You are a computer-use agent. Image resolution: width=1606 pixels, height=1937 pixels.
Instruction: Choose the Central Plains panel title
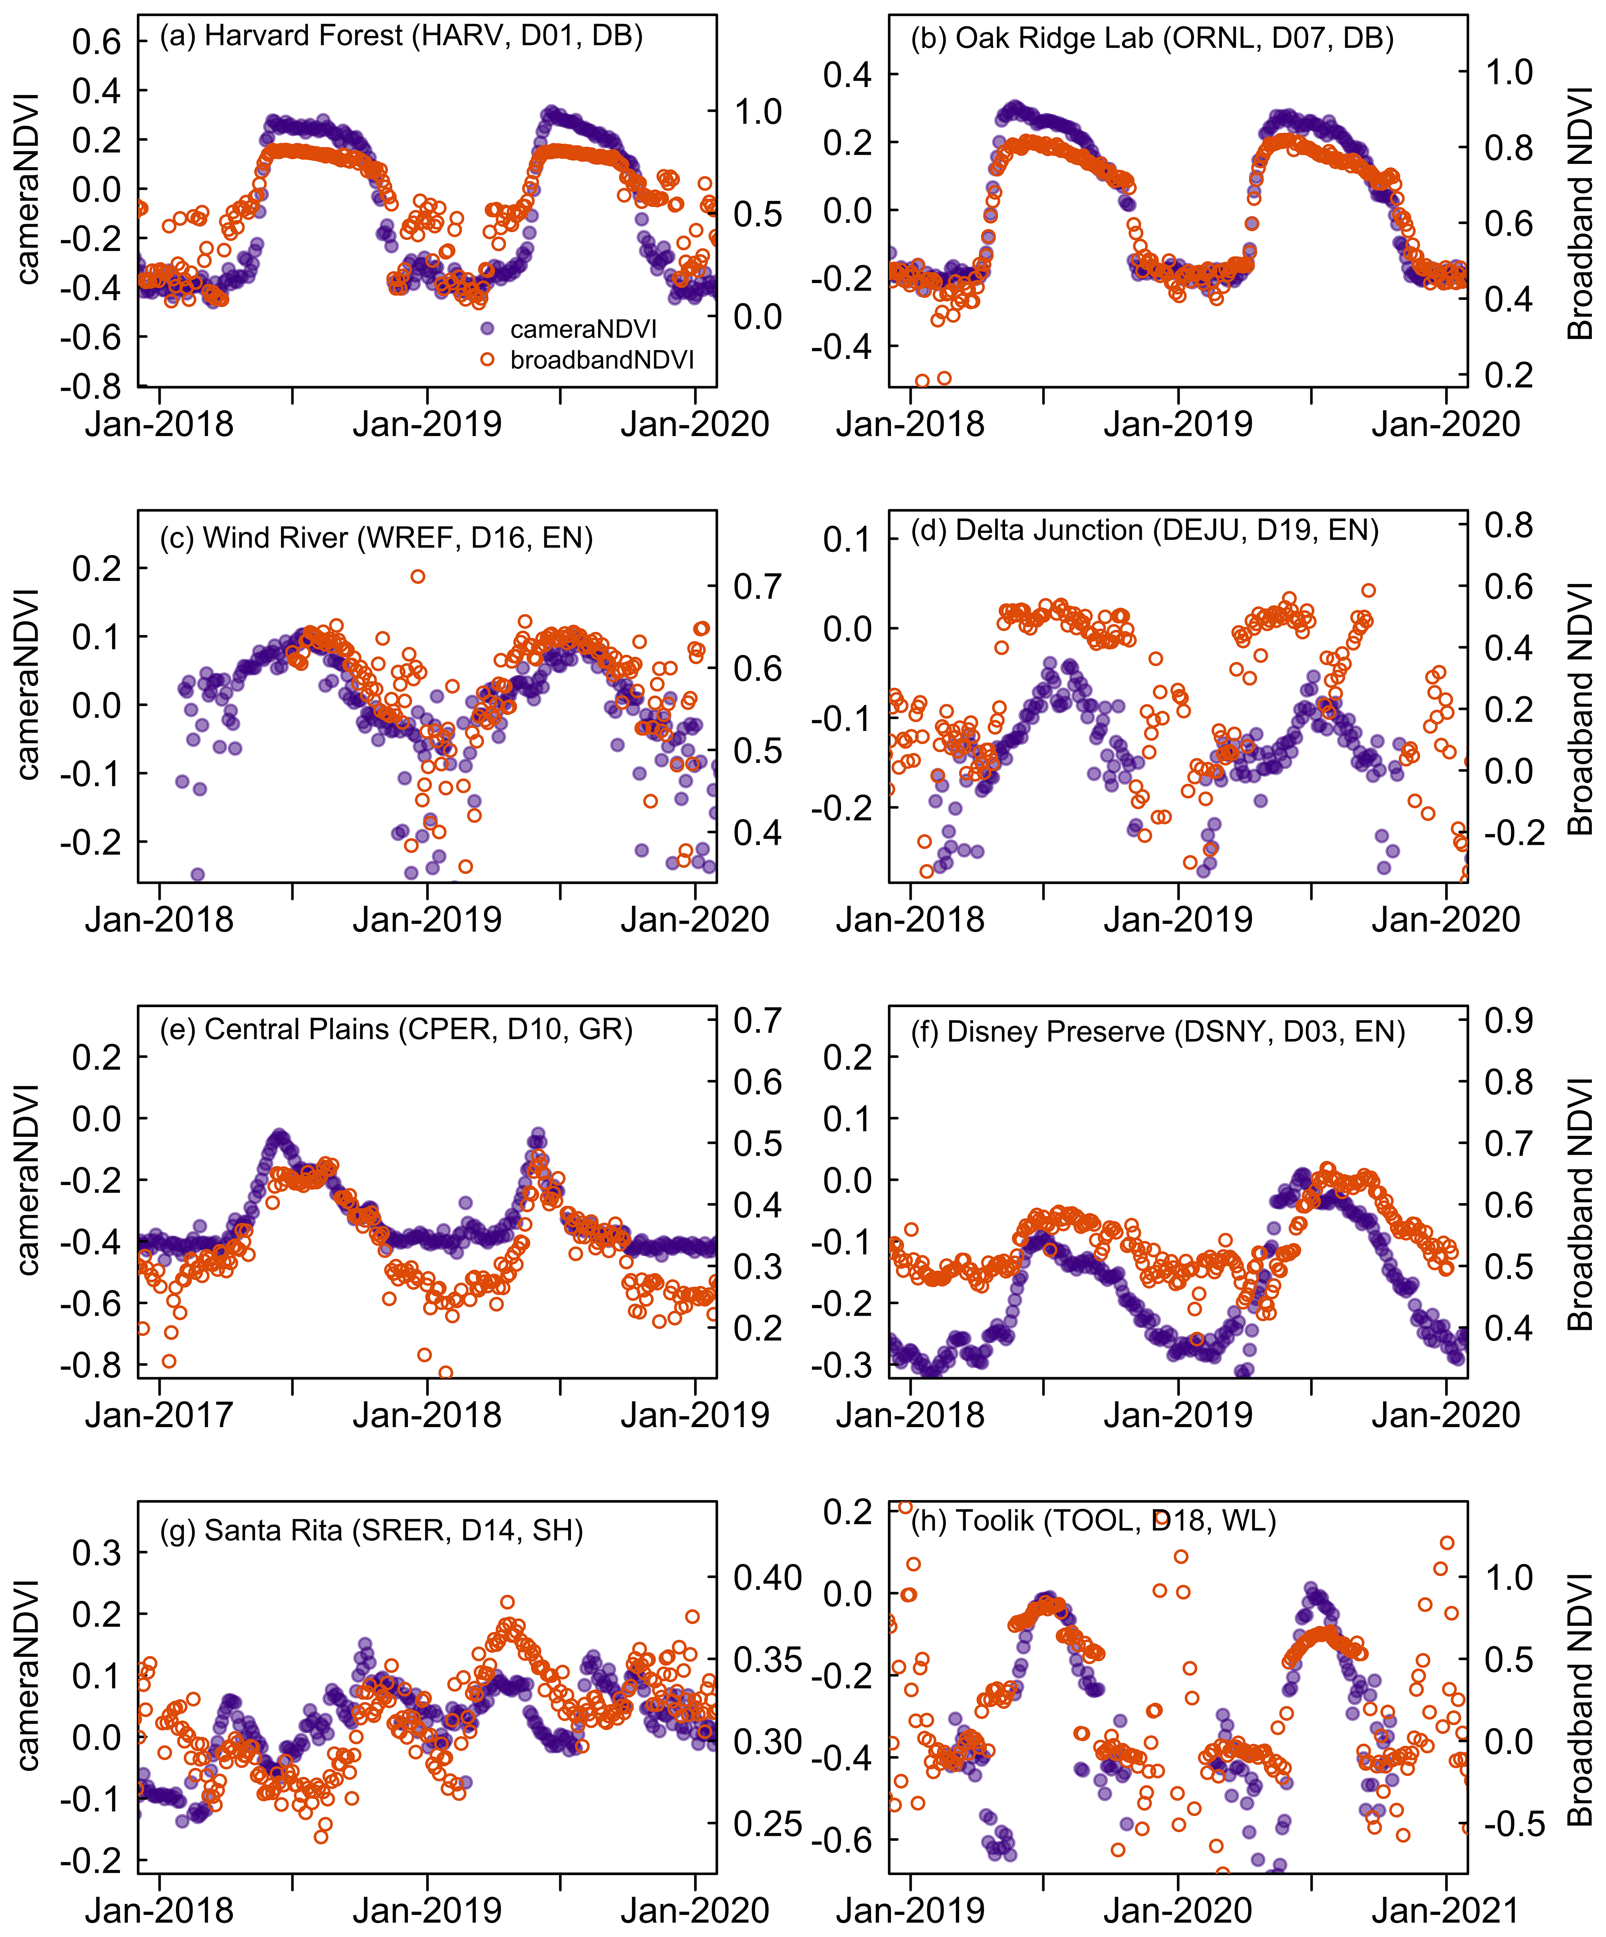[x=396, y=1029]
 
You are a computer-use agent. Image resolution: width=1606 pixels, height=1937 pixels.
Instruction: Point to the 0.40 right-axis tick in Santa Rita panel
[x=768, y=1578]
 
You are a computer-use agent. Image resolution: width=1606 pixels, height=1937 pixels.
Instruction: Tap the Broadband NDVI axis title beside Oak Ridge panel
[x=1580, y=214]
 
